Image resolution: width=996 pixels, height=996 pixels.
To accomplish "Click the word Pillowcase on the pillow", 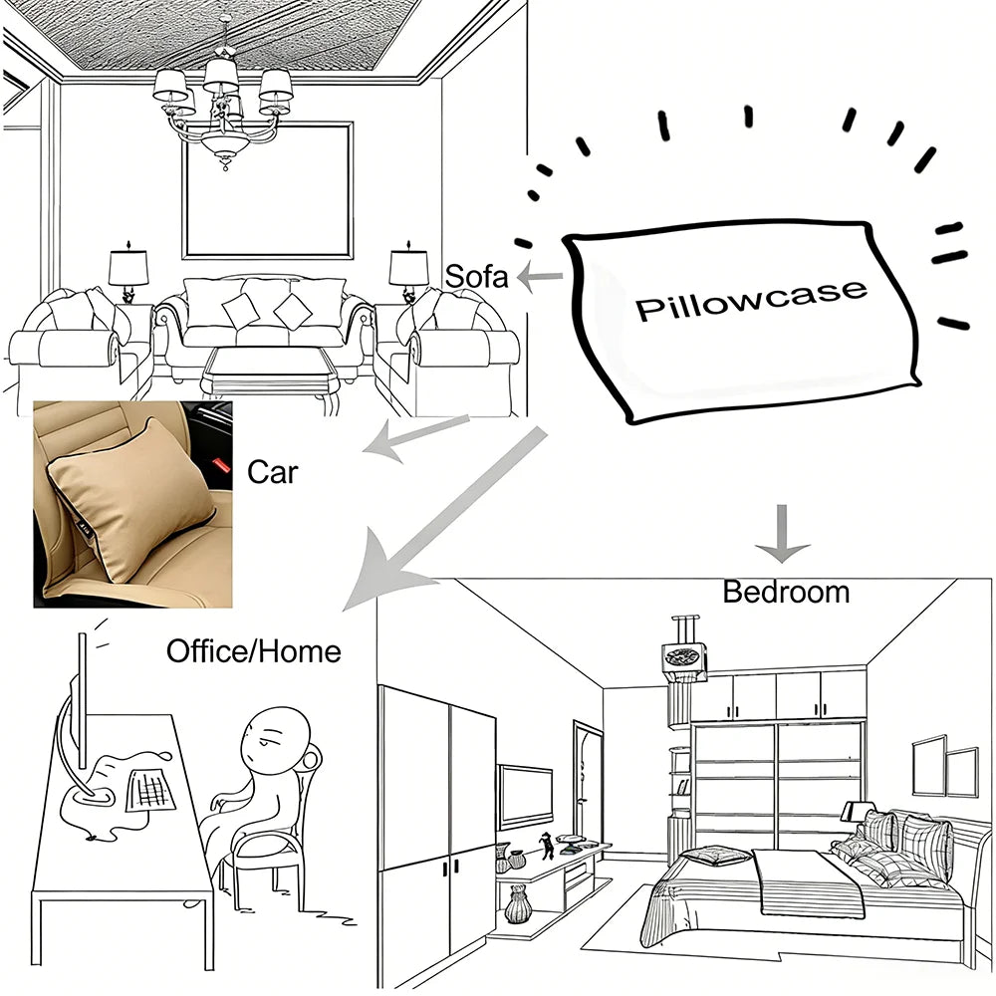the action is pyautogui.click(x=751, y=300).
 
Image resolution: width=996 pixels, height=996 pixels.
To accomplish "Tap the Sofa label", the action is pyautogui.click(x=476, y=276).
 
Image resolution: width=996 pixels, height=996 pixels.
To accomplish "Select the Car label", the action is pyautogui.click(x=273, y=472).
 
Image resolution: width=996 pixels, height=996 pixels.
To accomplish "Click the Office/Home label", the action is pyautogui.click(x=253, y=651).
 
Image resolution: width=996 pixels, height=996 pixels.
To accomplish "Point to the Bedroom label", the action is pyautogui.click(x=786, y=592).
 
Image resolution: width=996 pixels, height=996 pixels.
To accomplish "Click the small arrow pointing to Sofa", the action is pyautogui.click(x=539, y=277).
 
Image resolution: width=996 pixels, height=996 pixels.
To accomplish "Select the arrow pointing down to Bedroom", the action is pyautogui.click(x=782, y=534).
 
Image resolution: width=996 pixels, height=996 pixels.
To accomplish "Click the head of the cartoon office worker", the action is pyautogui.click(x=276, y=739).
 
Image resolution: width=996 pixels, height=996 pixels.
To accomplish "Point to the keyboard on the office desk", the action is pyautogui.click(x=151, y=790).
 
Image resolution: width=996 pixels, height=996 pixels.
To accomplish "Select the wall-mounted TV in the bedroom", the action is pyautogui.click(x=525, y=796).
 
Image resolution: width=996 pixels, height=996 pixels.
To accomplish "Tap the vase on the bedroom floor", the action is pyautogui.click(x=518, y=905).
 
